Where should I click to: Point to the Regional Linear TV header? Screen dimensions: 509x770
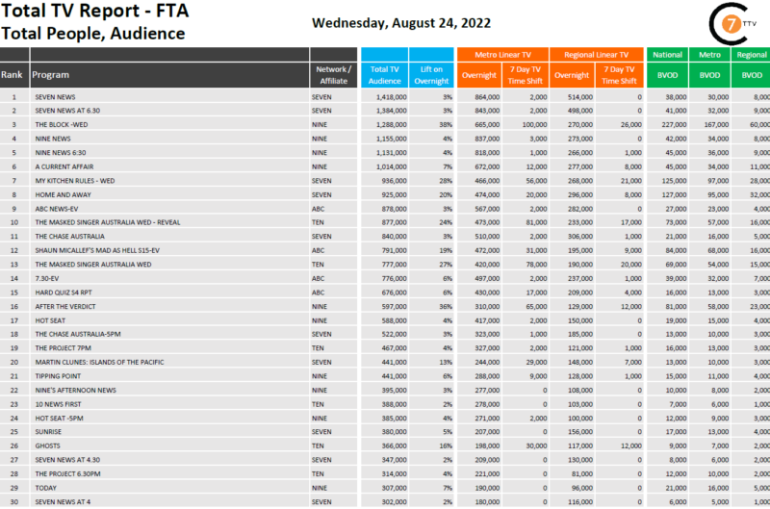[x=597, y=55]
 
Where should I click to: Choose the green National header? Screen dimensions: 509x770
[x=668, y=55]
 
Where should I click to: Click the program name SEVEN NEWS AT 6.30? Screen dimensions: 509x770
[x=68, y=111]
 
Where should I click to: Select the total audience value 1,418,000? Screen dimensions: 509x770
[x=389, y=97]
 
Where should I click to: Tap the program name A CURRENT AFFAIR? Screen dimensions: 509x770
[x=64, y=166]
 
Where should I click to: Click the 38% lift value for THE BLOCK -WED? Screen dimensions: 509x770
[x=446, y=125]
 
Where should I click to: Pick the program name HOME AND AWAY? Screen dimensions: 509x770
[x=61, y=194]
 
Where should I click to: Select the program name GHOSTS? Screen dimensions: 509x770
[x=47, y=445]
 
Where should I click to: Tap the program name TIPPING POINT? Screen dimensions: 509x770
[x=57, y=375]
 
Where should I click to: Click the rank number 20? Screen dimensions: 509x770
[x=14, y=362]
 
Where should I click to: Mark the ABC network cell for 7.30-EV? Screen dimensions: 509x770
[x=319, y=278]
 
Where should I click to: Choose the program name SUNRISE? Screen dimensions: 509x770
[x=48, y=431]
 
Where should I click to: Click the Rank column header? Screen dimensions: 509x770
[x=13, y=74]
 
